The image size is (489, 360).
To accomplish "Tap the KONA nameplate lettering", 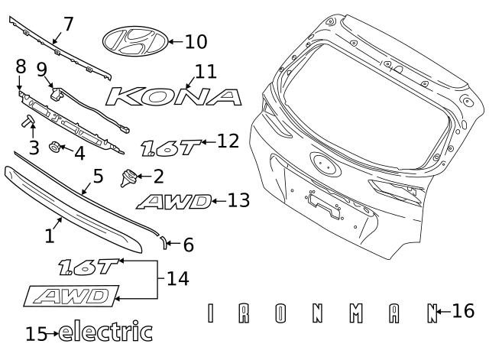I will [174, 96].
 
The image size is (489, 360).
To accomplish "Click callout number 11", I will [206, 72].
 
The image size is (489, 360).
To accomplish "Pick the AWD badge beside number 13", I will [174, 202].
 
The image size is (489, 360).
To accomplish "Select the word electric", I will [105, 332].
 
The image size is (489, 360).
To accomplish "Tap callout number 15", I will [36, 334].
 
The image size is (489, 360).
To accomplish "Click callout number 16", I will [463, 311].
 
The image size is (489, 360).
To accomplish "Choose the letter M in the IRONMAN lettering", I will [355, 313].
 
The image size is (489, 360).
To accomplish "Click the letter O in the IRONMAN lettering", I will [281, 313].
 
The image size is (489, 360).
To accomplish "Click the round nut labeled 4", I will [55, 147].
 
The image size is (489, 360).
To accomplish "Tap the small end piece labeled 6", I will [163, 242].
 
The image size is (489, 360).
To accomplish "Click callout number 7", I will [68, 24].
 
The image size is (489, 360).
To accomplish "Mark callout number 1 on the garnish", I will [49, 236].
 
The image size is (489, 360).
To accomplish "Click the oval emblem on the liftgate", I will [322, 163].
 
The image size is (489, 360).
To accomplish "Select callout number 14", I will [177, 279].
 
